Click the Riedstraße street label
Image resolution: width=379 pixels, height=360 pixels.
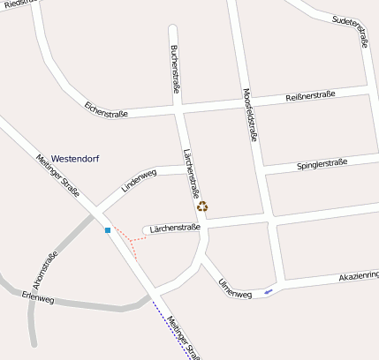coord(19,5)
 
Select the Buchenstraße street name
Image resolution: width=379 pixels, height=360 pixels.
coord(175,70)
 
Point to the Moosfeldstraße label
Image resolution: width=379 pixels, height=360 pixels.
coord(249,115)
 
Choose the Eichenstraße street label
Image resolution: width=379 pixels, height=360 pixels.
coord(107,112)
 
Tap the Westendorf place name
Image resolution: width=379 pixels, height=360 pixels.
coord(75,158)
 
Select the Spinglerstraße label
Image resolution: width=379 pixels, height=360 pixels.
coord(322,164)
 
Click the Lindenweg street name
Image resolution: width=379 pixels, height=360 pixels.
coord(139,180)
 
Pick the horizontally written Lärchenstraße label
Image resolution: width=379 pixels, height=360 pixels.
coord(176,227)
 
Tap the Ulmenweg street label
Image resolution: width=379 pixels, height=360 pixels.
coord(234,288)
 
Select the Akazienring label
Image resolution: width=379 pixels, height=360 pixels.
coord(359,277)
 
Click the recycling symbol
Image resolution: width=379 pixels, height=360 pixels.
coord(202,206)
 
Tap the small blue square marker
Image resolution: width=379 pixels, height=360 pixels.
coord(108,230)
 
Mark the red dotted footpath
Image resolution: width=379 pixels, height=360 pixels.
coord(131,241)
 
